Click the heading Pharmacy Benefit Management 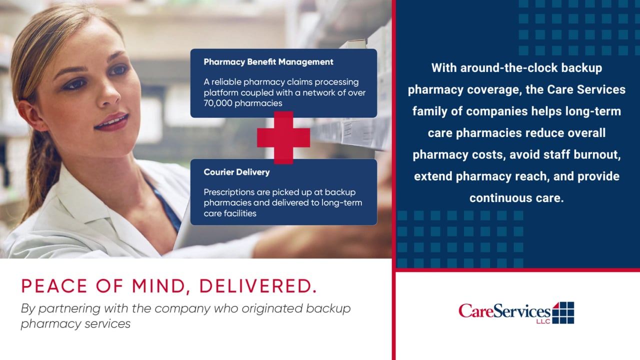268,62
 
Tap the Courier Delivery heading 236,172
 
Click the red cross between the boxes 283,137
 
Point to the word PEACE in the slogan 54,286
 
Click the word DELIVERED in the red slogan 258,286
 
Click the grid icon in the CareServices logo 563,312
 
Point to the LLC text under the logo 543,321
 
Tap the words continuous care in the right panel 516,198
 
